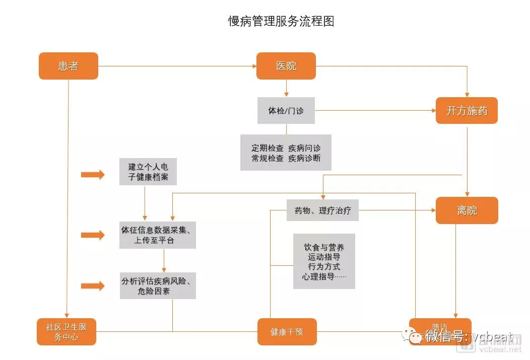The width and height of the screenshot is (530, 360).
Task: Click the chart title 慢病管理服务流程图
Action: click(x=281, y=21)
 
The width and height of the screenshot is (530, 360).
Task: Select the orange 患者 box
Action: click(x=69, y=66)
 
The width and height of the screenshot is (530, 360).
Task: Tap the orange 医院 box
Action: click(x=286, y=66)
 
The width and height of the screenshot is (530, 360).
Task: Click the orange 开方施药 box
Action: click(x=467, y=111)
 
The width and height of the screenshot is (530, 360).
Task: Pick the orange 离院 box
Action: click(x=467, y=210)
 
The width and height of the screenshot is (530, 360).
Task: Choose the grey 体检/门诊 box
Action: click(x=286, y=111)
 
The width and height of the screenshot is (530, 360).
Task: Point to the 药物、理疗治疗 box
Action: click(x=322, y=210)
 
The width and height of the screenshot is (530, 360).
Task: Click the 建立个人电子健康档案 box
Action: click(x=148, y=172)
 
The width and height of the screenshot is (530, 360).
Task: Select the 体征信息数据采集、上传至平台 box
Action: click(x=158, y=235)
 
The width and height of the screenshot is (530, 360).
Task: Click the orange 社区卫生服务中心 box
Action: click(x=67, y=332)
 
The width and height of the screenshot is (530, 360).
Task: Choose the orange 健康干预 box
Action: click(x=287, y=332)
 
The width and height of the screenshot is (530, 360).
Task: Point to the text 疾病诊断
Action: click(x=304, y=158)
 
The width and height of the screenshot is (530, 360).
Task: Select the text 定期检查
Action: click(x=268, y=149)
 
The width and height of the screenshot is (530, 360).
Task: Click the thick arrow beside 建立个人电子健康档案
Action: click(x=93, y=175)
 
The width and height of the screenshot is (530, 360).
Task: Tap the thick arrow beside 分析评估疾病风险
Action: click(x=93, y=285)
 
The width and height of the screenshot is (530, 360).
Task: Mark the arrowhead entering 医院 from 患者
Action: click(x=253, y=66)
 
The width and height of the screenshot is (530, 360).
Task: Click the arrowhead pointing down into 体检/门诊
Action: click(x=286, y=94)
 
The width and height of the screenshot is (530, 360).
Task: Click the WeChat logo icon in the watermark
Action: click(x=416, y=336)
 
